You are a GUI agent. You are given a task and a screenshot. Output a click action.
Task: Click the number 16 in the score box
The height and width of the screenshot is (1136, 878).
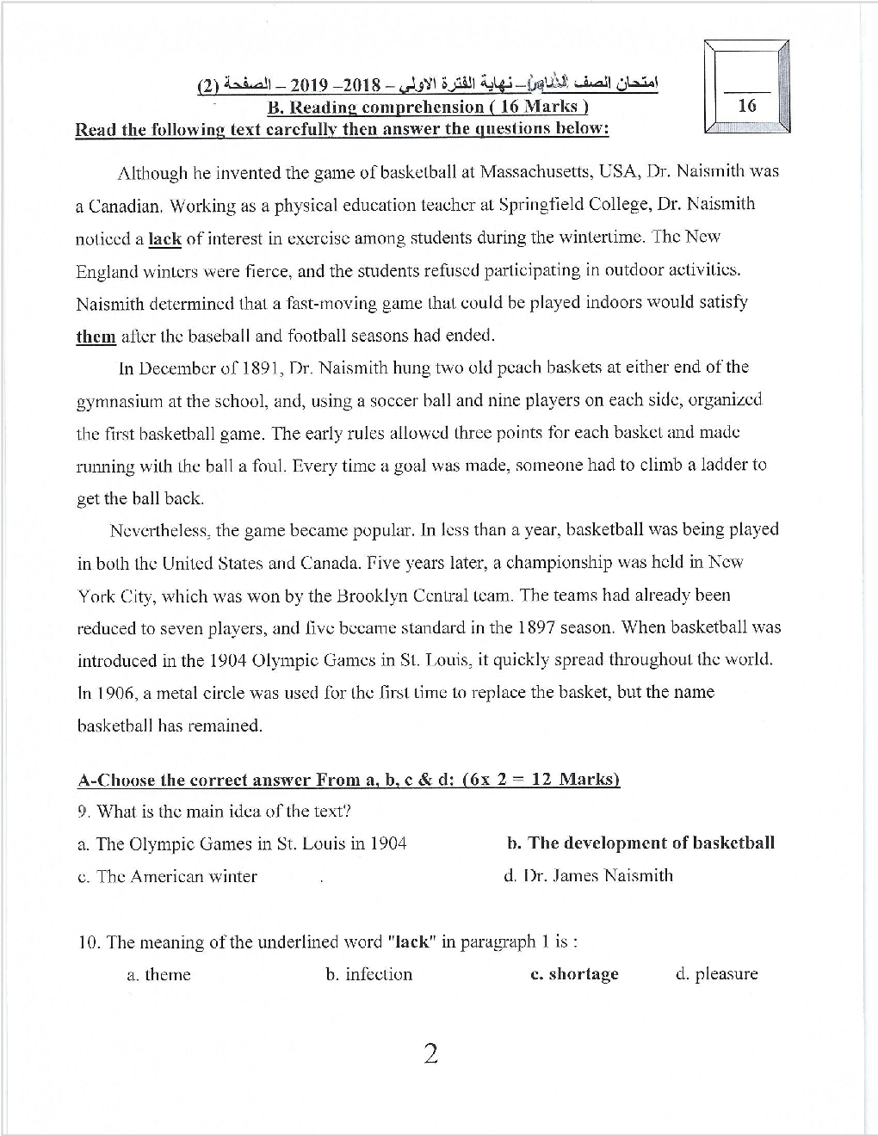point(747,106)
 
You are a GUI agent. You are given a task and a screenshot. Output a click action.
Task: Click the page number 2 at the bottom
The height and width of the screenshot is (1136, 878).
point(431,1053)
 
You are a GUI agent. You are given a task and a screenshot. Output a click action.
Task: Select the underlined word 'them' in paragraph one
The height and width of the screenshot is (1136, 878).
point(96,336)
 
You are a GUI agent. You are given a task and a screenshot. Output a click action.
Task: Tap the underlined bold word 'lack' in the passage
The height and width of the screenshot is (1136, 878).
point(164,238)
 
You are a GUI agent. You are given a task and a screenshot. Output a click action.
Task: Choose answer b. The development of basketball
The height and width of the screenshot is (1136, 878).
point(641,843)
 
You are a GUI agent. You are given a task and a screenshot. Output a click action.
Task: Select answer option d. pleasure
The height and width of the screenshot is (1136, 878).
point(717,974)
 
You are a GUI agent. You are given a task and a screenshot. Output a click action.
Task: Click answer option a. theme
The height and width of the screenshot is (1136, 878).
point(158,975)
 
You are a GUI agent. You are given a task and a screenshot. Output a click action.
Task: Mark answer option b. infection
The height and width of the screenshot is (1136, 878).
point(368,974)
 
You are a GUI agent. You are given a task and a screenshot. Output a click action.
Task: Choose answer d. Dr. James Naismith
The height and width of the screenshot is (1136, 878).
point(588,875)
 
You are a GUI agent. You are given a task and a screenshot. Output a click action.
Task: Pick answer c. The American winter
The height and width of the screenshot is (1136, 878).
point(167,877)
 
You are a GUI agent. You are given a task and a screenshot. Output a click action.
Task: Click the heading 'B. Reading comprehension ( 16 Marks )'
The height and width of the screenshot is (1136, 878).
point(428,107)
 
